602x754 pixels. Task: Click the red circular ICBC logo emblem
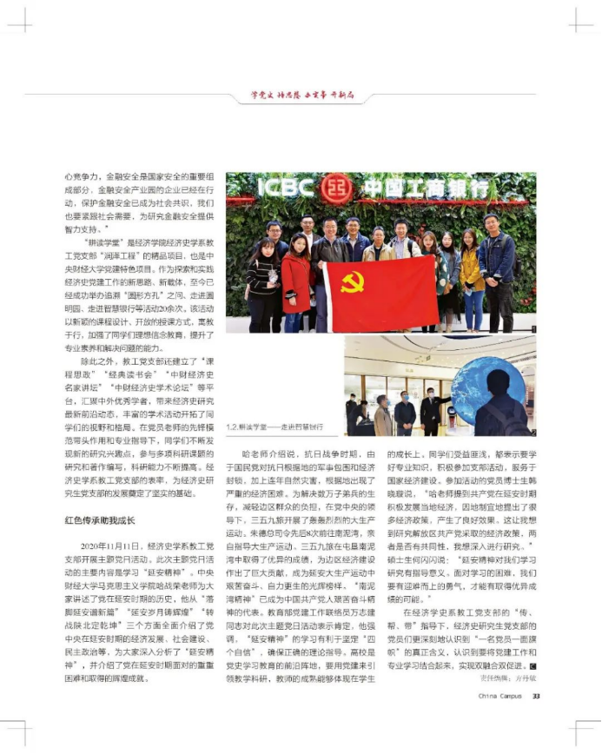click(x=337, y=188)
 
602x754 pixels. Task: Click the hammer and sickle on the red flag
click(x=351, y=281)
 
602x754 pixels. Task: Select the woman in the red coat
click(x=295, y=274)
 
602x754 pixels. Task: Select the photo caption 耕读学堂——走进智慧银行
click(x=275, y=427)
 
